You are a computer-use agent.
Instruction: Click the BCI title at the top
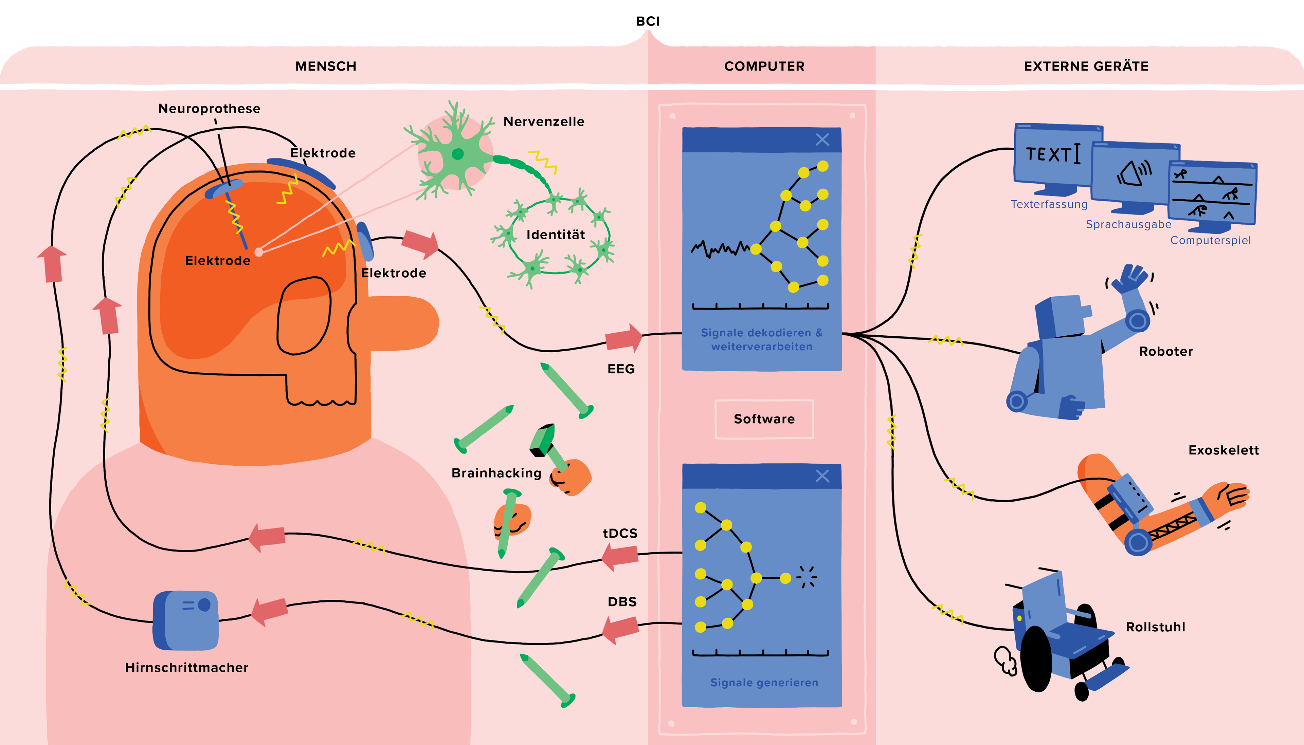(647, 21)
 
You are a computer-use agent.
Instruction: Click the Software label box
(764, 419)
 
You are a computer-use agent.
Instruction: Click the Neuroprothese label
(209, 109)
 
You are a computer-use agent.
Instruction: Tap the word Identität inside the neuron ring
(555, 235)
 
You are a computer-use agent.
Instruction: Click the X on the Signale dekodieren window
(822, 140)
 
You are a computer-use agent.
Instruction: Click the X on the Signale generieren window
(822, 476)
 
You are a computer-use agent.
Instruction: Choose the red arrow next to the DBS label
(621, 629)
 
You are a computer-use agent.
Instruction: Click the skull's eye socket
(304, 316)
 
